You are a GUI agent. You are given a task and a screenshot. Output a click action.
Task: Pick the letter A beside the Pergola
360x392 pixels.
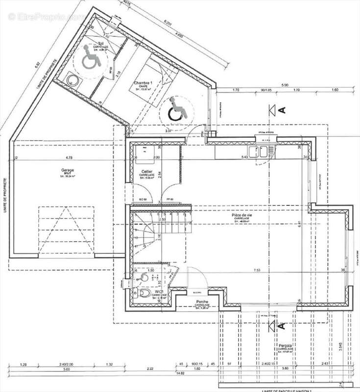tap(282, 325)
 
